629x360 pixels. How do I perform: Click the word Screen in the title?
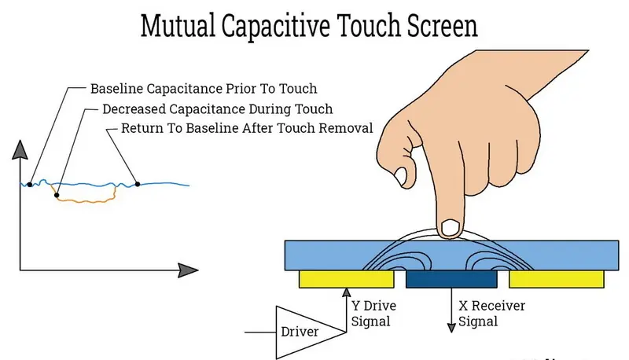click(x=436, y=25)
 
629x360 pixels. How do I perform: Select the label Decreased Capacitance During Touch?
click(x=217, y=108)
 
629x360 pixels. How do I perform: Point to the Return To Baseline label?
click(x=246, y=128)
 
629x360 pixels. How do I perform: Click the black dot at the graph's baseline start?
click(x=29, y=185)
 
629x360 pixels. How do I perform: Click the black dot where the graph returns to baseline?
click(x=137, y=185)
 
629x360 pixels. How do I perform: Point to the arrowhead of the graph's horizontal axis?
click(x=188, y=270)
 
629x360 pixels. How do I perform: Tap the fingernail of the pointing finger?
click(x=451, y=228)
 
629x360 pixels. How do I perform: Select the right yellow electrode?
click(x=557, y=279)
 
